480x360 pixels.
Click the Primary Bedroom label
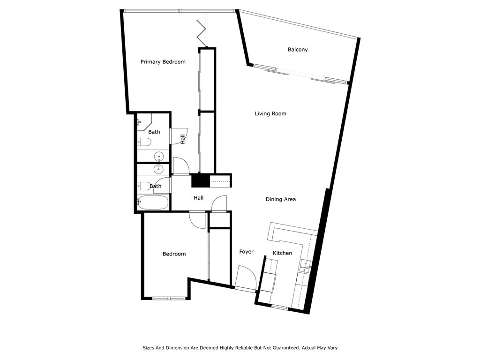163,62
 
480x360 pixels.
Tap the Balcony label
298,50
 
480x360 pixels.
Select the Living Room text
270,113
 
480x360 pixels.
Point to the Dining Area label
281,199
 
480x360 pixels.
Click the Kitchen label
282,253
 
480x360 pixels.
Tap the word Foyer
246,252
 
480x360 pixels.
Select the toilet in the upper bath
144,142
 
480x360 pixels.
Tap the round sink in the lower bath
159,169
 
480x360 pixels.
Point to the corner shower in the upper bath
144,122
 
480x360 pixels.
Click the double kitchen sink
305,266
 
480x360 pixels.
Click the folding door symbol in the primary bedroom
202,32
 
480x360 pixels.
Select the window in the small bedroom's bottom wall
167,298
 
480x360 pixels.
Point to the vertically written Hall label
183,139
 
